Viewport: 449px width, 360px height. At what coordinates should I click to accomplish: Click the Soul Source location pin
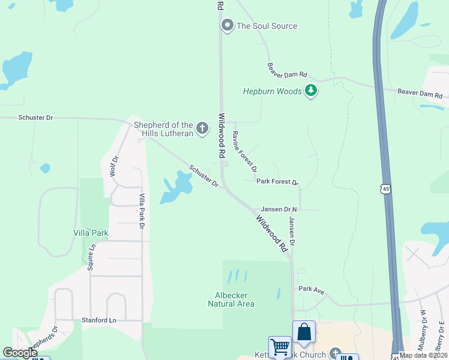pos(227,25)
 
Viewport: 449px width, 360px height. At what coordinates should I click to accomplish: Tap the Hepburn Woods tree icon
pos(310,91)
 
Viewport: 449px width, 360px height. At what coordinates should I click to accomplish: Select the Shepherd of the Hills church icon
pos(203,128)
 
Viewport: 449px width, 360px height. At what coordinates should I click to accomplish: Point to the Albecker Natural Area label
pos(231,299)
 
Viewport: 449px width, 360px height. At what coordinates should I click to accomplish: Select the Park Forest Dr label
pos(277,181)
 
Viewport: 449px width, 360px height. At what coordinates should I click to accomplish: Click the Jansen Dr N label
pos(279,209)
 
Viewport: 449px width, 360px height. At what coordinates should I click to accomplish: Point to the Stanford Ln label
pos(99,320)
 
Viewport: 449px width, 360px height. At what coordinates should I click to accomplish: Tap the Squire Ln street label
pos(92,257)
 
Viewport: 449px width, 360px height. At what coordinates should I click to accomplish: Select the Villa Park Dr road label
pos(142,211)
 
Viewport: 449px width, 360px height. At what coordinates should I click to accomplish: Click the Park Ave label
pos(312,290)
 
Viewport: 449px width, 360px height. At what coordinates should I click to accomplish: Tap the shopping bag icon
pos(304,332)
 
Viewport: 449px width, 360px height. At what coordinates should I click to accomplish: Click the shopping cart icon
pos(280,347)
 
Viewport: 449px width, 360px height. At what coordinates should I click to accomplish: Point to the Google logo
pos(20,352)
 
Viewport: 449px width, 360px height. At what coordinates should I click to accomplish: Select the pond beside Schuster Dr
pos(177,186)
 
